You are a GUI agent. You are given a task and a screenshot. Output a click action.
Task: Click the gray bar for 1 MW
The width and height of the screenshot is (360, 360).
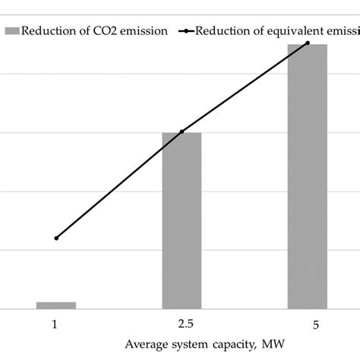[x=55, y=305]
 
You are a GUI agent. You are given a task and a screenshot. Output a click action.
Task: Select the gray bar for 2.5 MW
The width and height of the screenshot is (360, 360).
[x=182, y=220]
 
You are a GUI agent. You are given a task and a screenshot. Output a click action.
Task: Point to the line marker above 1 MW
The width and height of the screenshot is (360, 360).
[x=55, y=238]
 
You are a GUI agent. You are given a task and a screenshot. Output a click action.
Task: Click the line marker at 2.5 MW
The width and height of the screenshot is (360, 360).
[x=182, y=132]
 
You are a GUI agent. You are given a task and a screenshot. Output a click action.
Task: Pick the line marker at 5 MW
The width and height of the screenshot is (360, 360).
[x=308, y=43]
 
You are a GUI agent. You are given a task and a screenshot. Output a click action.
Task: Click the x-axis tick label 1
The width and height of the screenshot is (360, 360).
[x=55, y=324]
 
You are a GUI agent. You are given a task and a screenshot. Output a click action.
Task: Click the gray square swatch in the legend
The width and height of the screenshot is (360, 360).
[x=11, y=31]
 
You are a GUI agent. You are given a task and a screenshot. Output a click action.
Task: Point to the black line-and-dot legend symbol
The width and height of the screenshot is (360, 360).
[x=185, y=31]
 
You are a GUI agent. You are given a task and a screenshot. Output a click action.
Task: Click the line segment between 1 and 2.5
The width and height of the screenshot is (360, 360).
[x=118, y=185]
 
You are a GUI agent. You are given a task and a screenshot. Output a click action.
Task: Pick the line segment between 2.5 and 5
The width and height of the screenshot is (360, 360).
[x=245, y=88]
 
